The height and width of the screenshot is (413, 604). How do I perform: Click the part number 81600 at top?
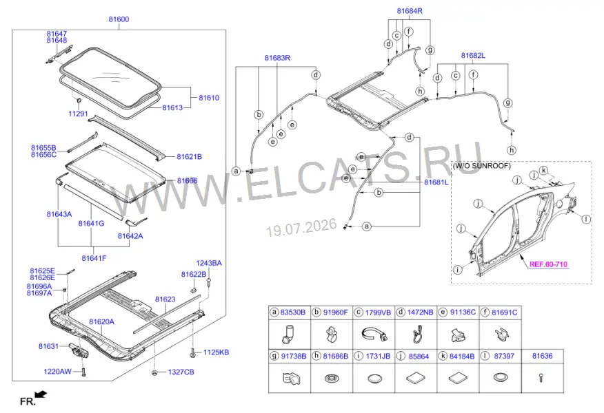[x=119, y=19]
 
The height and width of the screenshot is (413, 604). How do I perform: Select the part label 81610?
[x=209, y=98]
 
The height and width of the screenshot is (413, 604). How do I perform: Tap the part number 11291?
[x=78, y=114]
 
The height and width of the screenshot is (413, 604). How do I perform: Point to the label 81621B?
[x=189, y=156]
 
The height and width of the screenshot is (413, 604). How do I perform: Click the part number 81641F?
[x=94, y=258]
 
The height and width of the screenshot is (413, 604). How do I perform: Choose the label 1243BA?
[x=209, y=263]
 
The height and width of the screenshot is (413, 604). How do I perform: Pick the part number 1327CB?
[x=181, y=372]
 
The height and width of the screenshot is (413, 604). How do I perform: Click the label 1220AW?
[x=57, y=372]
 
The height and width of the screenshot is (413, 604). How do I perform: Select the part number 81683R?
[x=277, y=58]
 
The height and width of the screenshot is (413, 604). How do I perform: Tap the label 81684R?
[x=410, y=11]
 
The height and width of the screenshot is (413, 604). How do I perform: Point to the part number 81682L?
[x=473, y=55]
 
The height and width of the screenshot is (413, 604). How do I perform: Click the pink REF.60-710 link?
[x=548, y=264]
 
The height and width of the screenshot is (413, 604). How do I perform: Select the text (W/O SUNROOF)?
[x=481, y=166]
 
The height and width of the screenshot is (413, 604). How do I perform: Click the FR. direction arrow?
[x=41, y=394]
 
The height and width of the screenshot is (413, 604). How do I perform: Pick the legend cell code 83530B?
[x=293, y=313]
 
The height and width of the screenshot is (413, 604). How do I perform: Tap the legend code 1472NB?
[x=421, y=313]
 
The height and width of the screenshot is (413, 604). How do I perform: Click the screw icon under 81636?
[x=542, y=378]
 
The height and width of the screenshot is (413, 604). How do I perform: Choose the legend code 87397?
[x=504, y=356]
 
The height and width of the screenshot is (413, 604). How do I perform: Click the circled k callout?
[x=543, y=170]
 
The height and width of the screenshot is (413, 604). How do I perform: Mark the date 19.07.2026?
[x=302, y=227]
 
